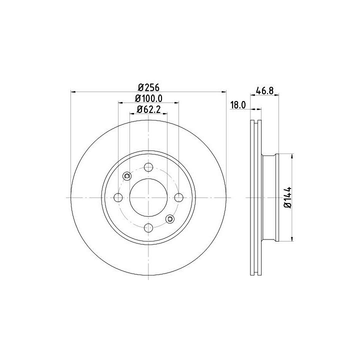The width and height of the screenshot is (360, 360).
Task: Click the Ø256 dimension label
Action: (148, 87)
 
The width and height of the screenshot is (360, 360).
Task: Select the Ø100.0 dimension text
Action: (148, 98)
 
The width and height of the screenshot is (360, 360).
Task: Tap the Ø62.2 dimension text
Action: (148, 109)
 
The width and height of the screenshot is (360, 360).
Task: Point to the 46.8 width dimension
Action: (264, 90)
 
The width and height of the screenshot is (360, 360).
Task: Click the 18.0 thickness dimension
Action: (238, 105)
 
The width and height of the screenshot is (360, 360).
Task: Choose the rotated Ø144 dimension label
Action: (287, 197)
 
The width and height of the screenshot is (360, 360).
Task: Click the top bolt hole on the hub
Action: (148, 167)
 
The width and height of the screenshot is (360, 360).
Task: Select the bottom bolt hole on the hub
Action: (148, 228)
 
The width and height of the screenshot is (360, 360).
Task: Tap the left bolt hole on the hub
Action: (118, 197)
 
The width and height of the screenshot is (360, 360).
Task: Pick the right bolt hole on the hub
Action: (179, 197)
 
